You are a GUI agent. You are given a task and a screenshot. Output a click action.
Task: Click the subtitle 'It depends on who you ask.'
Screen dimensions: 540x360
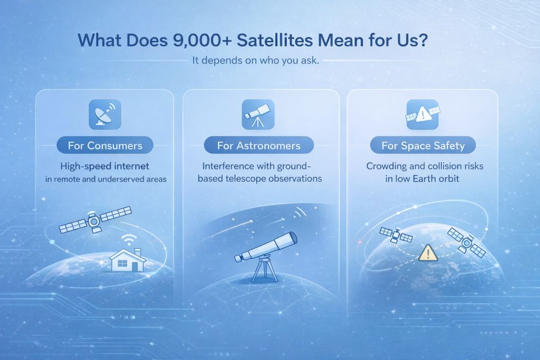point(256,61)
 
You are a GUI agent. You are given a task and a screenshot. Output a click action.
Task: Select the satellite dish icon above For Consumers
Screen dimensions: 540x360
point(105,114)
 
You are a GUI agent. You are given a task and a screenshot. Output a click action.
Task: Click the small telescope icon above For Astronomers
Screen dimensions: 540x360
point(258,114)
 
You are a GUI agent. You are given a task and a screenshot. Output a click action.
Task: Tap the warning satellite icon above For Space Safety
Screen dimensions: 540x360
point(422,114)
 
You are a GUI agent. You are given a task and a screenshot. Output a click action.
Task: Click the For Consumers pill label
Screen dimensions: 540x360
point(105,145)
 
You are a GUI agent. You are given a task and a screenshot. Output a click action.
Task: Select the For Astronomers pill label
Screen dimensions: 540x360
point(258,145)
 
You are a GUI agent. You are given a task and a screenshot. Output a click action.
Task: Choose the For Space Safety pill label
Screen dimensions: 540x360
point(423,145)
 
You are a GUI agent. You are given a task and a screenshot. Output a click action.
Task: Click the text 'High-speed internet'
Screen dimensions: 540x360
point(105,166)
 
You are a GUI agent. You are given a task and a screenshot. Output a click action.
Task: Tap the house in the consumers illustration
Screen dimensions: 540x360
point(128,260)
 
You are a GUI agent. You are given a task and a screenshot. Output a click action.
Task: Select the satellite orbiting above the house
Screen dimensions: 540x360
point(95,220)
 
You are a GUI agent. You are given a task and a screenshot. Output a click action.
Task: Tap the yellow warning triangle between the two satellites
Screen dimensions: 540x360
point(428,254)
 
